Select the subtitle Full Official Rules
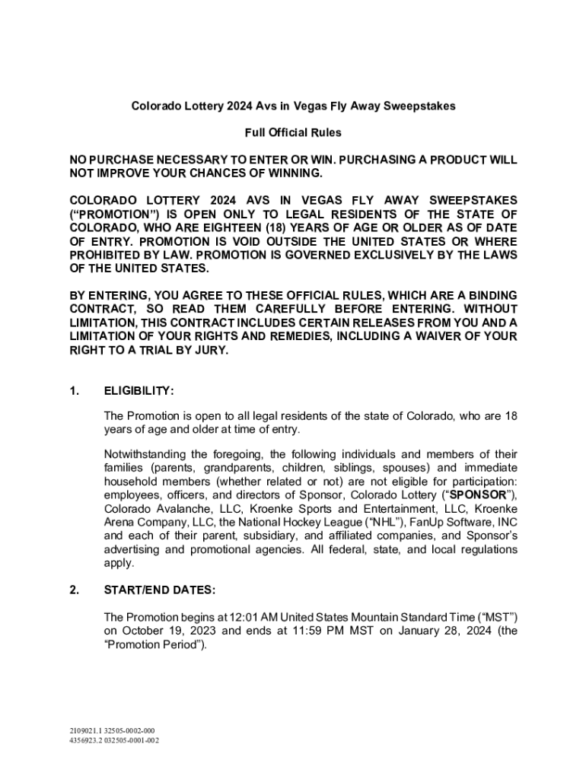pyautogui.click(x=293, y=133)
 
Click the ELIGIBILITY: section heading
pyautogui.click(x=139, y=391)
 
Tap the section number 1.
pyautogui.click(x=75, y=391)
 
